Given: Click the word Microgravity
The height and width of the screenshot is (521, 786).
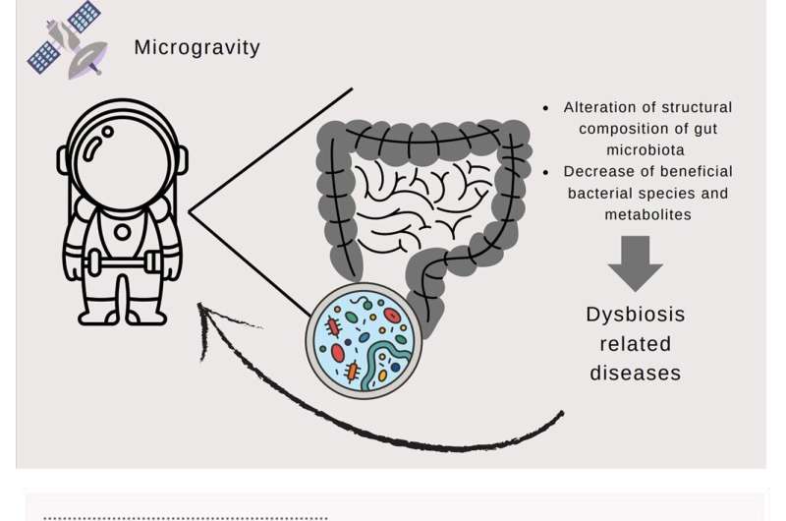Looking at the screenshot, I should point(196,47).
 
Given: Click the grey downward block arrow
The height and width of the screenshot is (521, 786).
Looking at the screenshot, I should point(635,261).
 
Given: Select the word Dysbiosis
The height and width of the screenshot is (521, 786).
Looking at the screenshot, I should point(635,316).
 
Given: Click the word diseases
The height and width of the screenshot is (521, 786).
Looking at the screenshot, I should point(635,374).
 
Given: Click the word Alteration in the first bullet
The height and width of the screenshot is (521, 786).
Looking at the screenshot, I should point(602,107).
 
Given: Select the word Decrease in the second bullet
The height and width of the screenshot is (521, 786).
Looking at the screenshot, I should point(597,171).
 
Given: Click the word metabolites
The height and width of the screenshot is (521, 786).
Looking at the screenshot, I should point(647,213).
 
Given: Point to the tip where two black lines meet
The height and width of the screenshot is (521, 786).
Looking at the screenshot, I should point(191,210).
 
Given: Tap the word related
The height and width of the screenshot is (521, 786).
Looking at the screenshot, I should point(635,344).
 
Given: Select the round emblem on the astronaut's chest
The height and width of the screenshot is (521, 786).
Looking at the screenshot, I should point(123,234).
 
